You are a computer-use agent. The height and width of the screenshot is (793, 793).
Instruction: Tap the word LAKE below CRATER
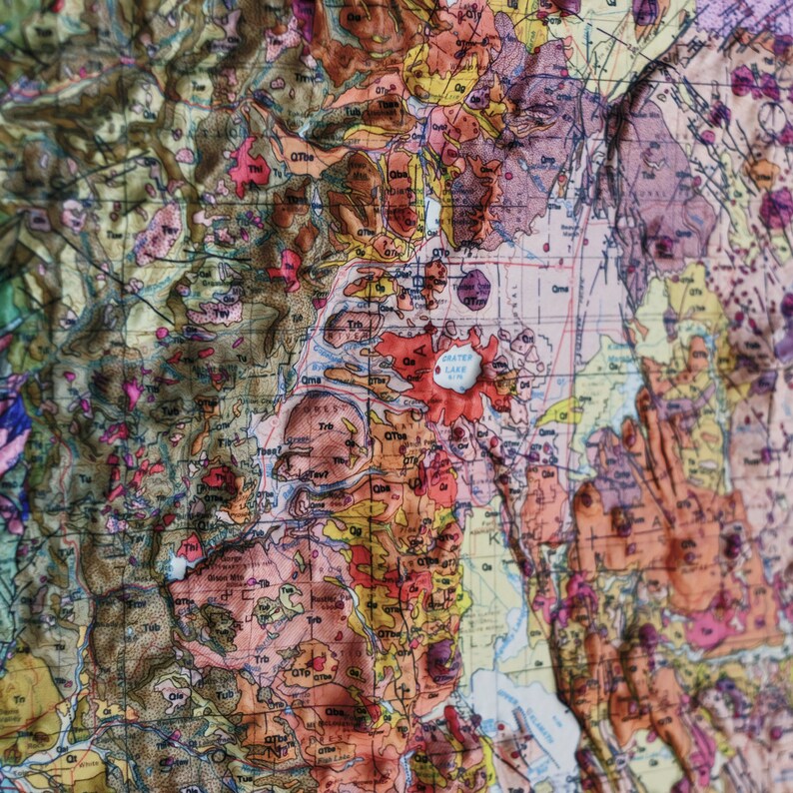point(456,369)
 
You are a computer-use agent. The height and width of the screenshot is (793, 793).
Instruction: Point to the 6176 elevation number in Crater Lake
point(456,378)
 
